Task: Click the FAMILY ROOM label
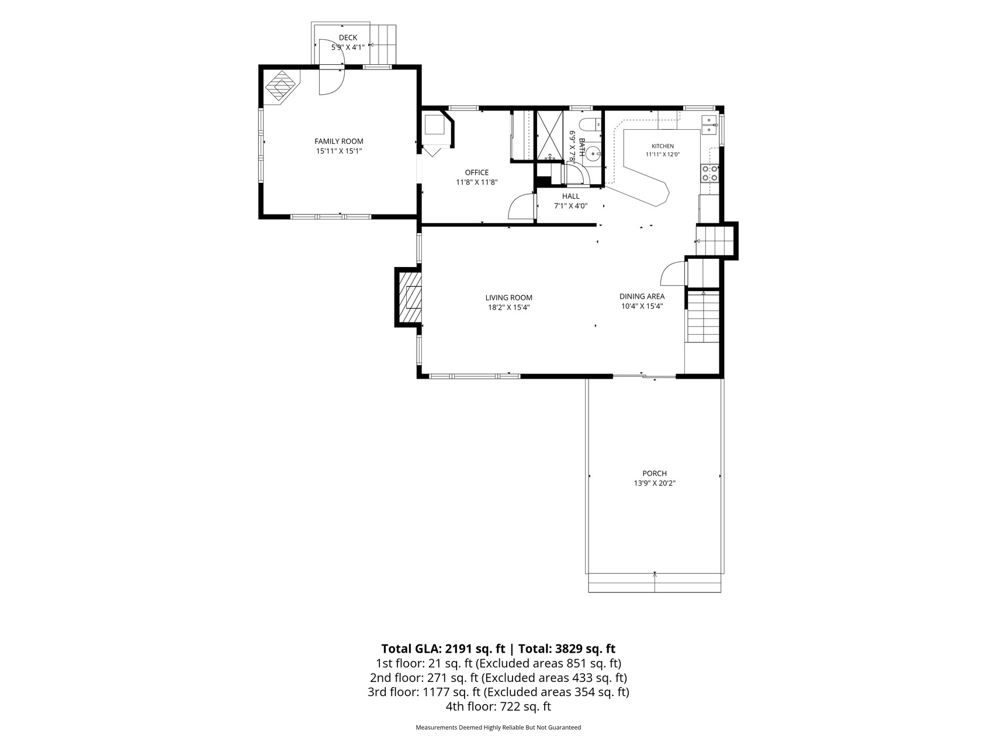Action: point(339,141)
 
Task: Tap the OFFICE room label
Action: point(477,172)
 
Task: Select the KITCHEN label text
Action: point(663,146)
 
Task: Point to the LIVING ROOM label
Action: point(509,297)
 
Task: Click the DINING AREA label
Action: point(642,296)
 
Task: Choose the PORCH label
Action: point(655,473)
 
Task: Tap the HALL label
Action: point(571,196)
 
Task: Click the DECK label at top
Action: point(348,38)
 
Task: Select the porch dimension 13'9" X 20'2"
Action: point(655,483)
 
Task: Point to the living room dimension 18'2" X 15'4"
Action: point(509,307)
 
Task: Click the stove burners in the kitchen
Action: point(710,174)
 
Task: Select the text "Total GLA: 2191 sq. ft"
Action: point(443,649)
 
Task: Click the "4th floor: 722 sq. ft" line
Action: point(498,707)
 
